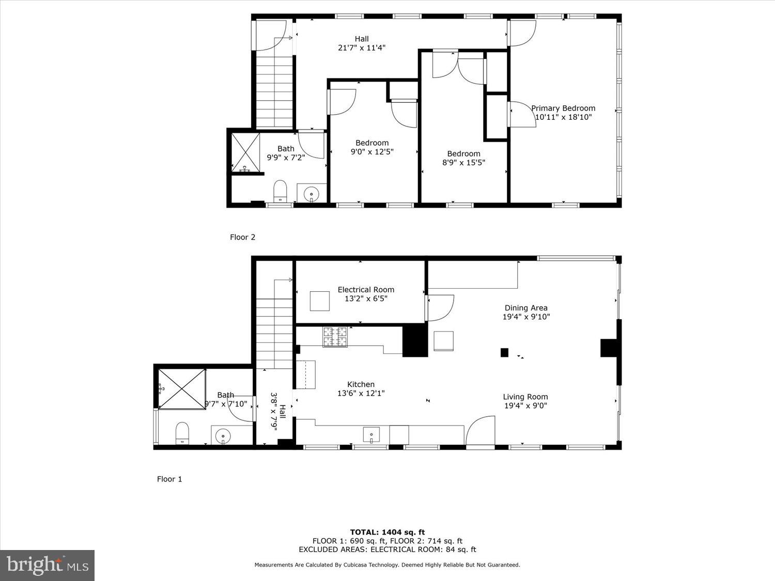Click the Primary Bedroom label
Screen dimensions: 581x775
563,108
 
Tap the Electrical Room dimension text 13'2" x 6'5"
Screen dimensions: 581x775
366,299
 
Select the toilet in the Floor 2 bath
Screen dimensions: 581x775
280,192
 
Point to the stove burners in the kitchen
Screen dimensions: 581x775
335,337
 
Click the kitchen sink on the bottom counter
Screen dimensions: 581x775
371,435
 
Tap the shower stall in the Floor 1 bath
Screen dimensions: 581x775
181,389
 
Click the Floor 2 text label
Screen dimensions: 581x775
242,237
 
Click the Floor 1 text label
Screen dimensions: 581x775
169,479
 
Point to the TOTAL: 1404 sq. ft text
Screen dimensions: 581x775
387,532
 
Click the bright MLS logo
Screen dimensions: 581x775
47,565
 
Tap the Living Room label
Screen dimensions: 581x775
525,397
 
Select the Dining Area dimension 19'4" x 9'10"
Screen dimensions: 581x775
526,317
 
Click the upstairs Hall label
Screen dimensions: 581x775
362,39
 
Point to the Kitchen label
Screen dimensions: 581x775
361,384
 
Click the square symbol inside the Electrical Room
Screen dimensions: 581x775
319,301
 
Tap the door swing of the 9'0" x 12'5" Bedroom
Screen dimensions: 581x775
343,102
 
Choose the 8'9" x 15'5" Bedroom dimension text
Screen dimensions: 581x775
463,163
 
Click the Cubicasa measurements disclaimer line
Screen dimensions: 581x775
387,565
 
